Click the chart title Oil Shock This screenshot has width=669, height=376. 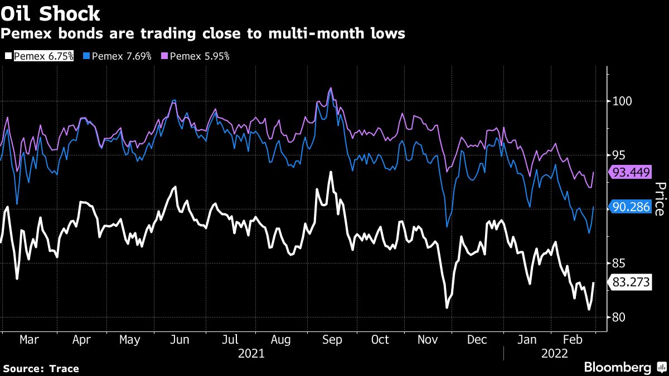51,13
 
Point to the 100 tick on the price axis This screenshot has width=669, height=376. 622,101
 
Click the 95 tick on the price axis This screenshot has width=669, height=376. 619,155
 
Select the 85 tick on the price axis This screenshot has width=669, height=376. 619,263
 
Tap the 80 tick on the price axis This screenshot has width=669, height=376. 619,318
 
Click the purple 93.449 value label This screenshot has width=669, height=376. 631,173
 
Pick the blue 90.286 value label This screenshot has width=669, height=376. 631,207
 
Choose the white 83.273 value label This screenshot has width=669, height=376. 631,282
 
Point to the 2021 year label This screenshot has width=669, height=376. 251,353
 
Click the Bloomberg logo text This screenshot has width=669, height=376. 617,367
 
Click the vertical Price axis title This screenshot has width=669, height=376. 658,199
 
